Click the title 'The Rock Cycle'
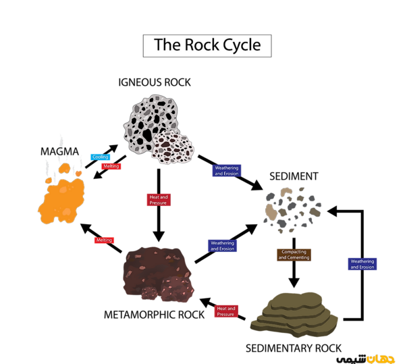pyautogui.click(x=207, y=45)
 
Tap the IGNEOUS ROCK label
pyautogui.click(x=155, y=82)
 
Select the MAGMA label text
pyautogui.click(x=59, y=151)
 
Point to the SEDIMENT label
pyautogui.click(x=294, y=176)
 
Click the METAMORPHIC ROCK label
pyautogui.click(x=154, y=315)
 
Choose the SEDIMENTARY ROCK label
pyautogui.click(x=294, y=348)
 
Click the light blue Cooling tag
pyautogui.click(x=100, y=157)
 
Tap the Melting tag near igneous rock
pyautogui.click(x=111, y=166)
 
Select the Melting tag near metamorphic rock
pyautogui.click(x=104, y=240)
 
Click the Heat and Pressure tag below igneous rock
pyautogui.click(x=159, y=200)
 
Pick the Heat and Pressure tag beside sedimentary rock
pyautogui.click(x=226, y=311)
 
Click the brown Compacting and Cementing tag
pyautogui.click(x=294, y=255)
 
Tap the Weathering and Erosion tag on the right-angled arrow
pyautogui.click(x=362, y=264)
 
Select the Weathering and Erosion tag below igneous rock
pyautogui.click(x=227, y=171)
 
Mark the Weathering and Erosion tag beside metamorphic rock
pyautogui.click(x=222, y=246)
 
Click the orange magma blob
pyautogui.click(x=62, y=199)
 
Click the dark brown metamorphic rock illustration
pyautogui.click(x=158, y=274)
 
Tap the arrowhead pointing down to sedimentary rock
pyautogui.click(x=294, y=283)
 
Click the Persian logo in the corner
pyautogui.click(x=365, y=359)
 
